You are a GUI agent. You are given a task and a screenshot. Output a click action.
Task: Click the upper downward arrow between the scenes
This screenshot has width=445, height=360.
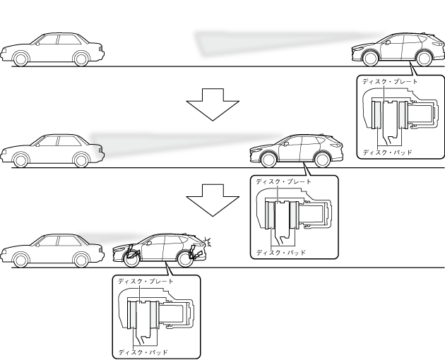pyautogui.click(x=213, y=104)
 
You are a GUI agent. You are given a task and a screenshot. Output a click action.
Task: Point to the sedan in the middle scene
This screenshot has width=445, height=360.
pyautogui.click(x=53, y=150)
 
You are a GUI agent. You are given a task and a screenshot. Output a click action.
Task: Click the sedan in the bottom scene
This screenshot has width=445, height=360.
pyautogui.click(x=53, y=250)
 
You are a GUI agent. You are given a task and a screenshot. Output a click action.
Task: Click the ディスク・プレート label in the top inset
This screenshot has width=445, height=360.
pyautogui.click(x=389, y=82)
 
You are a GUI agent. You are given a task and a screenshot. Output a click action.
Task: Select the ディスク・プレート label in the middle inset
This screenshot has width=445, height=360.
pyautogui.click(x=283, y=181)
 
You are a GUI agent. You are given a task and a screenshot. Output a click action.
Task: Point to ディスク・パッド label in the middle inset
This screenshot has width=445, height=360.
pyautogui.click(x=280, y=252)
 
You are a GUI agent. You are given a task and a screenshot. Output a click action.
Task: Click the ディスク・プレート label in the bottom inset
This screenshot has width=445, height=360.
pyautogui.click(x=145, y=282)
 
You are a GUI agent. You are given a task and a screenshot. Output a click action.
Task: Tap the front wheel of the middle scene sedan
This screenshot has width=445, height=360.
pyautogui.click(x=20, y=161)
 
